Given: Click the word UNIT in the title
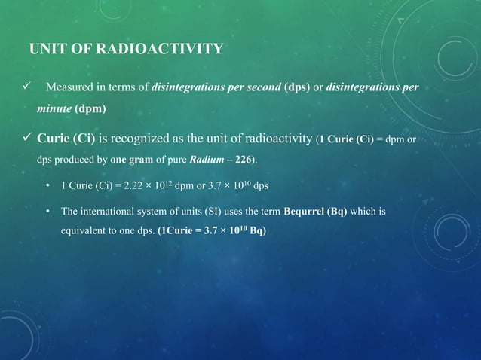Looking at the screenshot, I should tap(44, 50).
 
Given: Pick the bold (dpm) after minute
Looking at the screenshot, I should tap(90, 108).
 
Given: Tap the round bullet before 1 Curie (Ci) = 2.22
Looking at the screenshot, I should tap(48, 186).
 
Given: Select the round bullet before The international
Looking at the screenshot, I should tap(48, 212).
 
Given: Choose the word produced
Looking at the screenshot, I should tap(72, 160).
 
